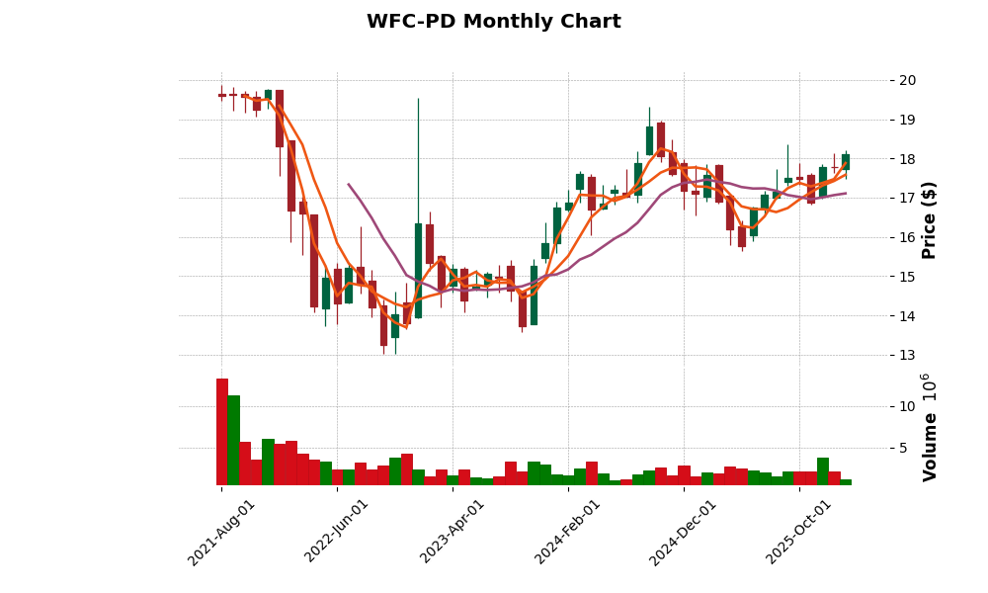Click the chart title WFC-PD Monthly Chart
tap(494, 22)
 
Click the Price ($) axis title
tap(929, 219)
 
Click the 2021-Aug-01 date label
tap(222, 532)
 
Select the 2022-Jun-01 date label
tap(337, 532)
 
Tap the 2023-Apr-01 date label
tap(453, 532)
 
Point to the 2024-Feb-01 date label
tap(568, 532)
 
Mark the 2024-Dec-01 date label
tap(684, 532)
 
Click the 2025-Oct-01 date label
tap(799, 532)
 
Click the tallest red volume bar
tap(222, 432)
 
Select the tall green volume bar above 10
tap(233, 440)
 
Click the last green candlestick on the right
tap(846, 162)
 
